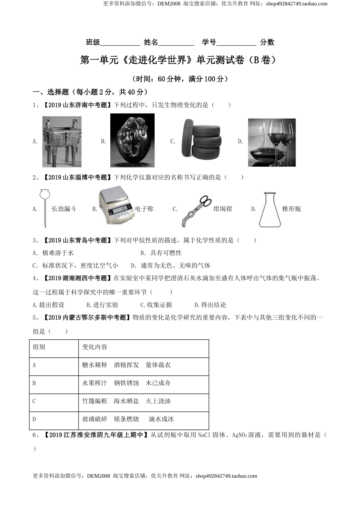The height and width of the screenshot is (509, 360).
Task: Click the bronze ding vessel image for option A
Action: coord(62,142)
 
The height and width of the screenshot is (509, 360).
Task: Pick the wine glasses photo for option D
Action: coord(271,142)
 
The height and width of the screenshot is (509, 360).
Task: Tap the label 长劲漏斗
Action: coord(64,209)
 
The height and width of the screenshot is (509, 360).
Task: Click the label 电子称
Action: coord(144,209)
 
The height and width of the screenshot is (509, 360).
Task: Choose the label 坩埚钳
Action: coord(222,209)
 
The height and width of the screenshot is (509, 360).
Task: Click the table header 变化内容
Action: coord(95,347)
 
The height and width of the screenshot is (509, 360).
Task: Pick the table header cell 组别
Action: coord(39,347)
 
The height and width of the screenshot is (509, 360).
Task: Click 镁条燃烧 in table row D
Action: coord(126,419)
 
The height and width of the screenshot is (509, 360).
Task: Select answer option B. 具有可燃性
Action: coord(161,253)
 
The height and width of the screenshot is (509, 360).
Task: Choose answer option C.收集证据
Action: coord(156,305)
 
